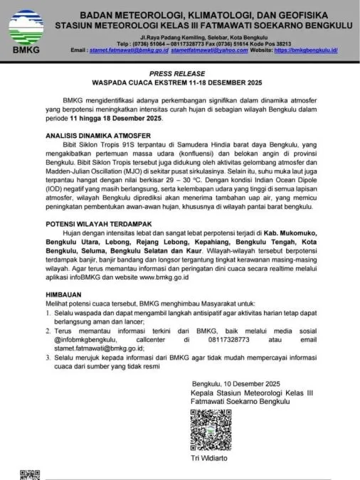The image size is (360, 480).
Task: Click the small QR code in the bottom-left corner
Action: tap(28, 475)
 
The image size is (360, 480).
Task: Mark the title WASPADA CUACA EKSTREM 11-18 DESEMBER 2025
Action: tap(181, 82)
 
